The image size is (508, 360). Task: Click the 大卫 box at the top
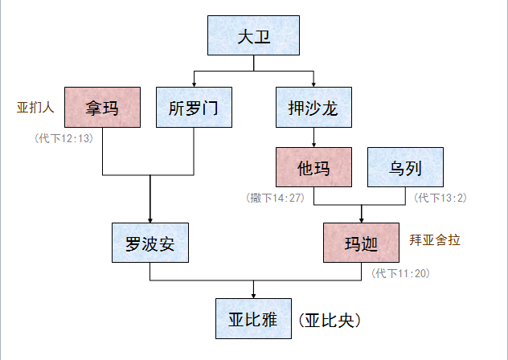253,37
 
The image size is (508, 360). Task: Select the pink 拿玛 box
102,107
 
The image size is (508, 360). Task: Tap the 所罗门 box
194,107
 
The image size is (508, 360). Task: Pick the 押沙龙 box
313,107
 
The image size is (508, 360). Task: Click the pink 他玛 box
313,168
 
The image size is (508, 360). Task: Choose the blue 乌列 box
405,168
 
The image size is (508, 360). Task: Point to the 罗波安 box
150,242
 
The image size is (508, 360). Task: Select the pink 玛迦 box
361,242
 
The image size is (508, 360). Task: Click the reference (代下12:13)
64,137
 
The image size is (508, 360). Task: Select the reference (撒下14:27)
276,197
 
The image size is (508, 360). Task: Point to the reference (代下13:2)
440,197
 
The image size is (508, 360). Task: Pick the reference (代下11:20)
401,273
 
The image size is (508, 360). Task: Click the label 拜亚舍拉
435,240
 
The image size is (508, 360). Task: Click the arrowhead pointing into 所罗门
194,84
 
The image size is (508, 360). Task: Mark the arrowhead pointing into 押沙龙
313,84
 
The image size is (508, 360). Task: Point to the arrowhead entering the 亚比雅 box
254,296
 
